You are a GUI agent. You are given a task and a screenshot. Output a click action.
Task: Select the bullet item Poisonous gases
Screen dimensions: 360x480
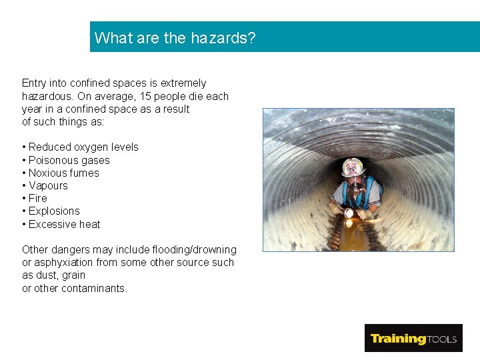coord(69,160)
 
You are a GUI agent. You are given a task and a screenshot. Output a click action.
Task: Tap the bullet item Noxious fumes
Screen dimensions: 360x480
coord(63,173)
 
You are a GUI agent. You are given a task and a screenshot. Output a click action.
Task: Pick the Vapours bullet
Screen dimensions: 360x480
coord(48,185)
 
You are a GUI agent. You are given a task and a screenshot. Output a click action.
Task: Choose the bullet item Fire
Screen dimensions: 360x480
coord(37,198)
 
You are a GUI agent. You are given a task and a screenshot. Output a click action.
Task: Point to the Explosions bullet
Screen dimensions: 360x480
coord(54,211)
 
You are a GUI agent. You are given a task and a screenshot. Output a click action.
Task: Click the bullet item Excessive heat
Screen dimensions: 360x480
coord(64,224)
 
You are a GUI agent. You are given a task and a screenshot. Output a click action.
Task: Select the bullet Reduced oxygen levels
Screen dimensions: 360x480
coord(83,147)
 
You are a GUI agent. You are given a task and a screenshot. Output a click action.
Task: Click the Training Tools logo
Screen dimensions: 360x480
coord(413,338)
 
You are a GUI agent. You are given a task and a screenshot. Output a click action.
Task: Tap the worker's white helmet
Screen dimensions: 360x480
coord(353,167)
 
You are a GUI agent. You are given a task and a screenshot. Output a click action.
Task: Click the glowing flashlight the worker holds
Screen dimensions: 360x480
coord(348,213)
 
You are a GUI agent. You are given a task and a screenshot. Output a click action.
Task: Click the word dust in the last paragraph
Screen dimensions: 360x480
coord(46,275)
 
